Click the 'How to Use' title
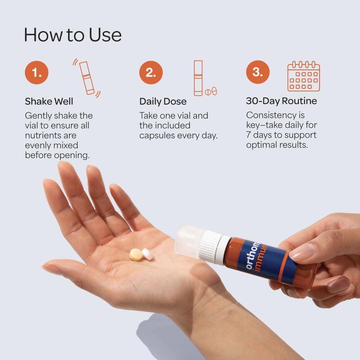(73, 35)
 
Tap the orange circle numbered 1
(37, 73)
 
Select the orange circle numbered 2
(151, 73)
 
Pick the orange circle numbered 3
(258, 72)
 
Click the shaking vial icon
(87, 78)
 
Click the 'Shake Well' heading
(49, 101)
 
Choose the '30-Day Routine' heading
(281, 101)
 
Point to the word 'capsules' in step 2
(159, 136)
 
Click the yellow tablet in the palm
(136, 255)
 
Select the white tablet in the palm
(147, 254)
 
